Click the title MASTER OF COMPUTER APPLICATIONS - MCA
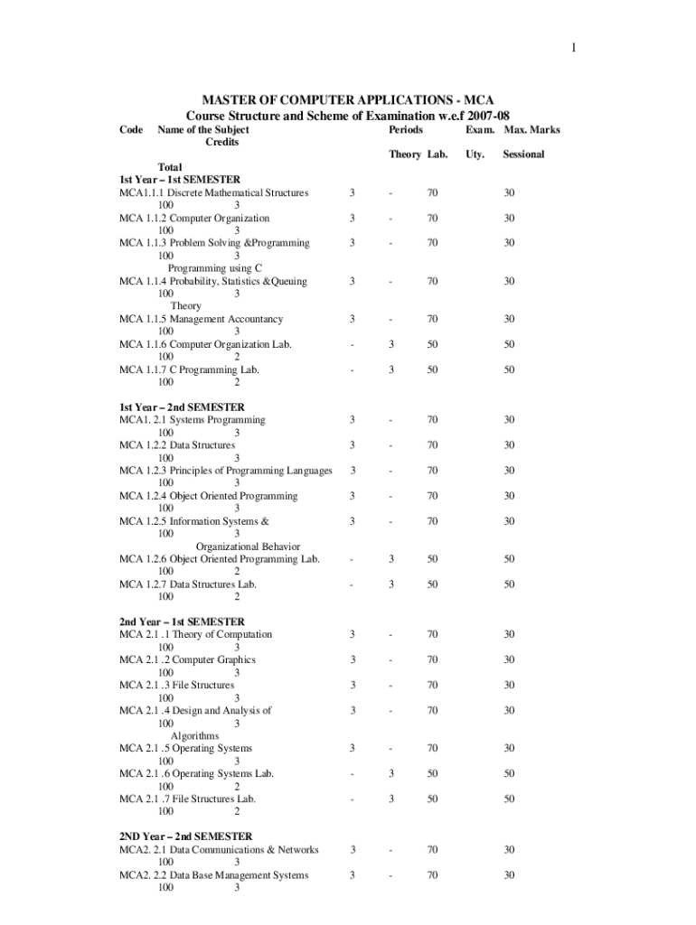pos(347,99)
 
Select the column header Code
pos(131,130)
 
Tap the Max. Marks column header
pos(531,130)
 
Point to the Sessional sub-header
pos(523,154)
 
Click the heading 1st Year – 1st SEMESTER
pos(181,180)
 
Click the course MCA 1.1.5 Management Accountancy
pos(201,319)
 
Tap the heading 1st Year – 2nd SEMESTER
pos(182,407)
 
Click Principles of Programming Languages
pos(251,471)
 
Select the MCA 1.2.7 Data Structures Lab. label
pos(188,584)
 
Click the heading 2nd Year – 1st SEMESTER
pos(182,621)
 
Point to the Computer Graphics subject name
pos(213,659)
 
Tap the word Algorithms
pos(194,736)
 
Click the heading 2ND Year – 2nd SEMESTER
pos(185,836)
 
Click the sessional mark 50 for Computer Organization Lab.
pos(510,344)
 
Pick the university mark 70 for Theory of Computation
pos(433,634)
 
